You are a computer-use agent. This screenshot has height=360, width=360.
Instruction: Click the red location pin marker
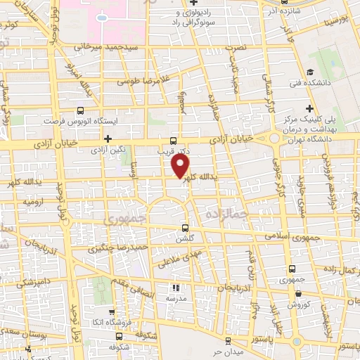tap(181, 166)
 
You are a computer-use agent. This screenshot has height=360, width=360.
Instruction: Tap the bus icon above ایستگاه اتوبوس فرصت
tap(80, 110)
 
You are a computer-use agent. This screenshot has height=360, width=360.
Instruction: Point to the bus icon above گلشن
tap(185, 228)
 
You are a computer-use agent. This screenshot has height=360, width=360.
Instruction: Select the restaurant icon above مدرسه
tap(176, 288)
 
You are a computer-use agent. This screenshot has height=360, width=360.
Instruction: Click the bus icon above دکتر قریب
tap(174, 140)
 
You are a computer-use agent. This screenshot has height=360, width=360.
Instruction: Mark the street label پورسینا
tap(334, 15)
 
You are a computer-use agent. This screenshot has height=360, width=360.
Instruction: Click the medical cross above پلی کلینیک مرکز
tap(309, 108)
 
